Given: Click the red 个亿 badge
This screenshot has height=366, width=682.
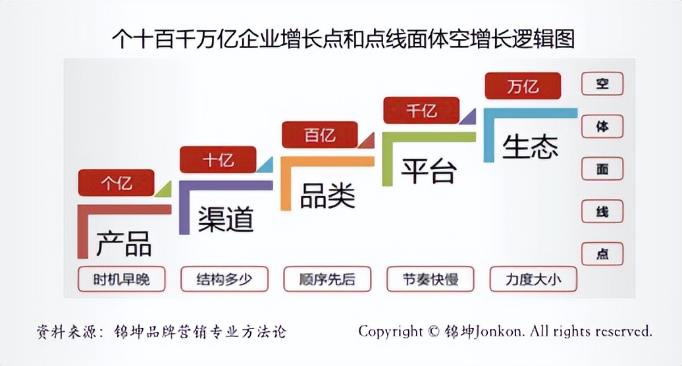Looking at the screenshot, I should tap(116, 183).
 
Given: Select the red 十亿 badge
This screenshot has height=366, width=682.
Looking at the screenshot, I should tap(218, 159).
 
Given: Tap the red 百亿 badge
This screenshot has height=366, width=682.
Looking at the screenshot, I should tap(319, 135).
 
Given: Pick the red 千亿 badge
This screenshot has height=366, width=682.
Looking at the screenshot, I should tap(421, 110).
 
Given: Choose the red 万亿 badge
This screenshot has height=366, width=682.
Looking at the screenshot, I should tap(523, 86).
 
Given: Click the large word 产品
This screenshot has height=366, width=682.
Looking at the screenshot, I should tap(124, 243).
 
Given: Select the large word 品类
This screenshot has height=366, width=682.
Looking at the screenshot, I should tap(327, 196).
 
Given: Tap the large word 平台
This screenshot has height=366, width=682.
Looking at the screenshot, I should tap(429, 170).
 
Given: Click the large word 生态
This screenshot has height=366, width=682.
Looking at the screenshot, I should tap(530, 146).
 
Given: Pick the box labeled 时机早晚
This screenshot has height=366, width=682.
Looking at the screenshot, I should tap(121, 279).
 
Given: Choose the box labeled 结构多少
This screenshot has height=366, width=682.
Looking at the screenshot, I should tap(224, 279).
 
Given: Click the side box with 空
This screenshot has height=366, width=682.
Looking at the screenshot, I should tap(602, 84).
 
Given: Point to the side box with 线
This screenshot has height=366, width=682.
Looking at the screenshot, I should tap(602, 211).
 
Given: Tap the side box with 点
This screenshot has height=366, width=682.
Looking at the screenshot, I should tap(602, 253).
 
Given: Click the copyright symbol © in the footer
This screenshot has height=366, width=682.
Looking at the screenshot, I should tap(433, 331).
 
